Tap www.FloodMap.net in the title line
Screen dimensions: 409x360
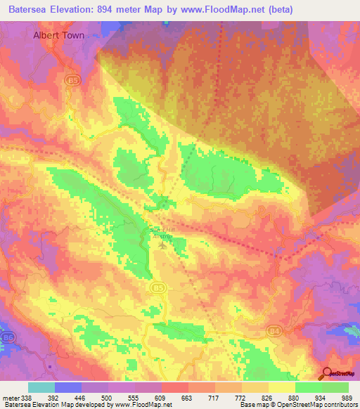click(214, 9)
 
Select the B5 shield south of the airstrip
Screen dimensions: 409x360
click(158, 287)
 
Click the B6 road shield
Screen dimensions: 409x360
click(8, 337)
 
